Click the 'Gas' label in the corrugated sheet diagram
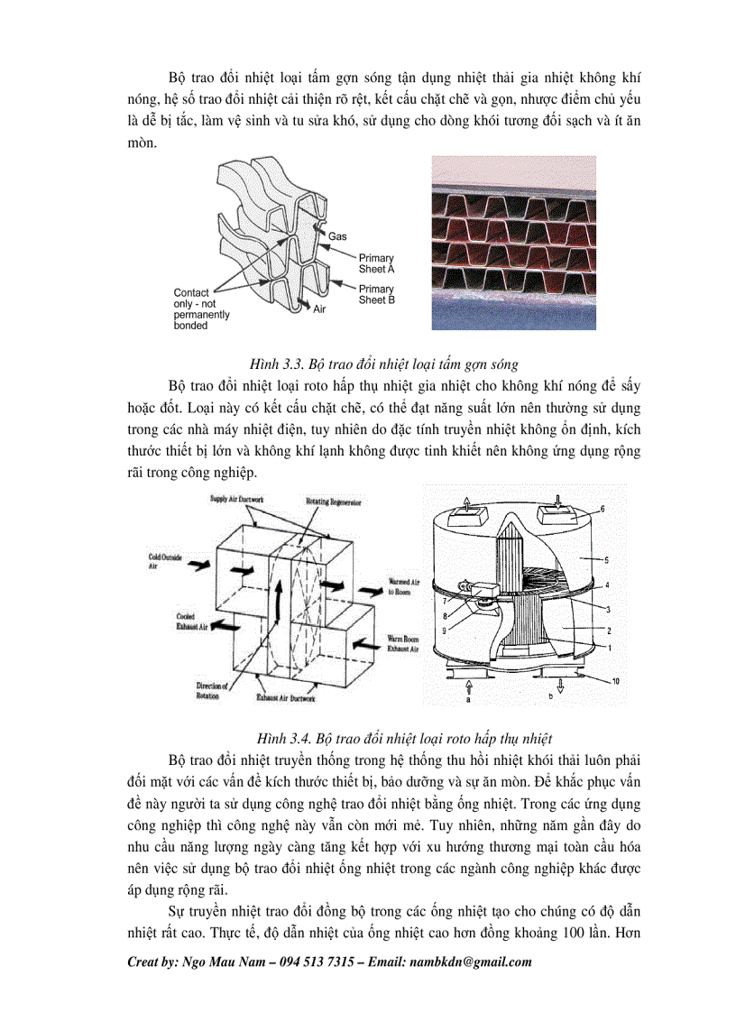[337, 236]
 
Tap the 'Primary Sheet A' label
[376, 263]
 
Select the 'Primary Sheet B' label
[376, 295]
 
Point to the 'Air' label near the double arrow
[318, 309]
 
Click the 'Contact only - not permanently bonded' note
[201, 309]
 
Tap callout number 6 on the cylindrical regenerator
[602, 510]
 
